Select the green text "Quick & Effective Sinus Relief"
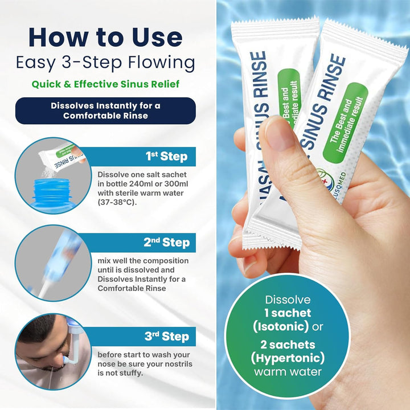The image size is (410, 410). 105,84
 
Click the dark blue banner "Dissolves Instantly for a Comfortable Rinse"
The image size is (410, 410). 105,110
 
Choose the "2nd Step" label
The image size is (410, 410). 166,243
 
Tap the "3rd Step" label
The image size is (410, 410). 166,336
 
